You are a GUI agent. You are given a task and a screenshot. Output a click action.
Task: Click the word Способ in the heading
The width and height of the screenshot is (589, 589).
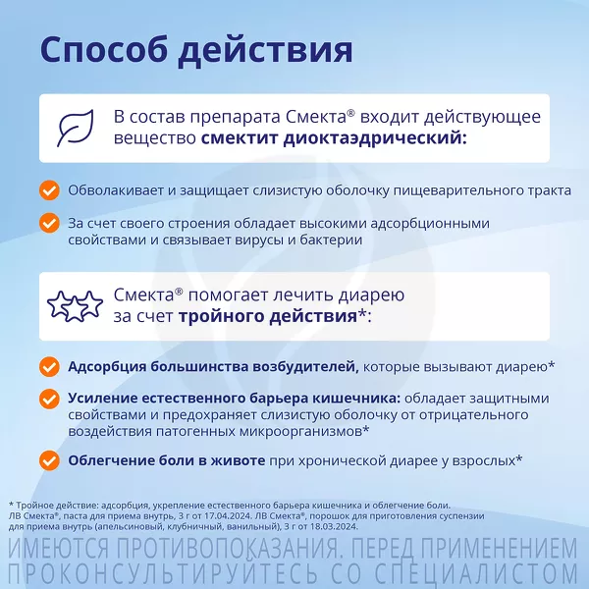[103, 50]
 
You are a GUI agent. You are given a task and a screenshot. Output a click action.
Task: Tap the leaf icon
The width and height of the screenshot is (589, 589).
[76, 128]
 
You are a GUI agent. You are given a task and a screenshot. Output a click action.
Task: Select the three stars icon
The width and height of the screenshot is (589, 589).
[75, 305]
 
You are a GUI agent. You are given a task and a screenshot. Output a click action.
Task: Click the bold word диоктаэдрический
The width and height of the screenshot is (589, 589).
[375, 137]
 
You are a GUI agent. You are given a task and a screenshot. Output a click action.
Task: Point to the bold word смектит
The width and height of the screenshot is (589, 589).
[240, 137]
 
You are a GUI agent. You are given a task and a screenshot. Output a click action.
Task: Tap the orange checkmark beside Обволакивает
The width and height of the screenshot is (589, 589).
[49, 190]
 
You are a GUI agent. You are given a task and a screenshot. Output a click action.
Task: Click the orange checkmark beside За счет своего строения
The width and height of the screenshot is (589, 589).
[49, 223]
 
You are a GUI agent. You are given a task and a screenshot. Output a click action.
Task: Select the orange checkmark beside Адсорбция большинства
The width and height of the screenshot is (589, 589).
[49, 366]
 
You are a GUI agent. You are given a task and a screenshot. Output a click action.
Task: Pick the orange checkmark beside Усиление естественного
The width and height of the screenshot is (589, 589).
[49, 399]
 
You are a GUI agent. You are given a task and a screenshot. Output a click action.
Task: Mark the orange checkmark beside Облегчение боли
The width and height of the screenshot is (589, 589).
[49, 460]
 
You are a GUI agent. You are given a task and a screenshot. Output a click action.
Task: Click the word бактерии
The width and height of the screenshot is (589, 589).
[331, 240]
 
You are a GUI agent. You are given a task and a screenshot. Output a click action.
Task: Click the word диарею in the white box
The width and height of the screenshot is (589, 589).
[371, 295]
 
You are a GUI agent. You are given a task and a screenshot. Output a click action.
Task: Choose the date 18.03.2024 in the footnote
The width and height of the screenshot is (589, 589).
[338, 526]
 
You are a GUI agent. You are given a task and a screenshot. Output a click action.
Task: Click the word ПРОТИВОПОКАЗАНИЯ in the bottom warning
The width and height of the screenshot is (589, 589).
[227, 550]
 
